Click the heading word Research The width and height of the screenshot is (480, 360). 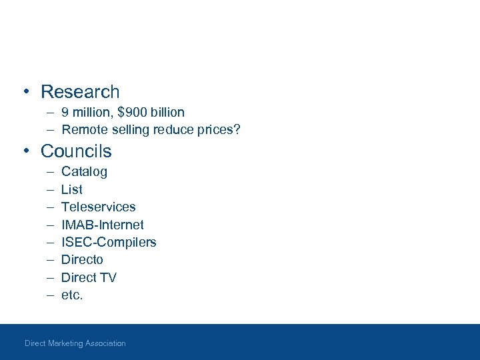point(80,91)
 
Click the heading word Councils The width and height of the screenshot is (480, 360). point(76,151)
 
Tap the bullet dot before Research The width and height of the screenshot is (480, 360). point(25,92)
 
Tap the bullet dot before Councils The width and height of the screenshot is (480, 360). point(25,151)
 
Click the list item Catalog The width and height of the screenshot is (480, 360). point(84,172)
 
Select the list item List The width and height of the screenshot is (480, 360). point(71,189)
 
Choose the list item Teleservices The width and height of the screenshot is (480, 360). point(98,207)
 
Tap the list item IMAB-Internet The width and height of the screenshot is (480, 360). point(102,225)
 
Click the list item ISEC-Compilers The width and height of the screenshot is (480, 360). point(109,242)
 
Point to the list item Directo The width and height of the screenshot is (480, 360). point(82,259)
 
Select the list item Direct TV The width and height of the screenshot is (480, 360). point(89,277)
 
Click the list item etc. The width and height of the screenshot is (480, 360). point(72,295)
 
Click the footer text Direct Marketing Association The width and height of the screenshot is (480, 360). point(75,343)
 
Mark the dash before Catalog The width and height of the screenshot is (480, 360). point(50,172)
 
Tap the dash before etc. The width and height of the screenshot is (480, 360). point(50,295)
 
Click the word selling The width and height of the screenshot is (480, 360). point(129,129)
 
